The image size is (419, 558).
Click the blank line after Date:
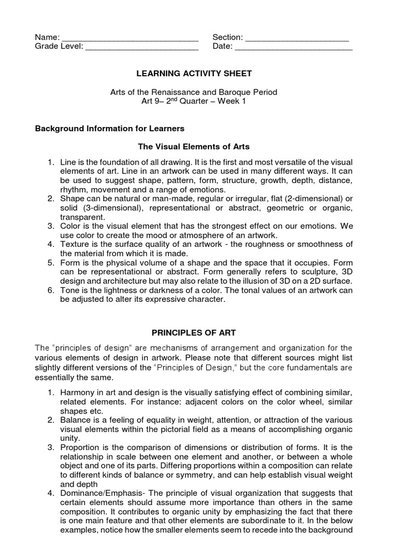(x=294, y=47)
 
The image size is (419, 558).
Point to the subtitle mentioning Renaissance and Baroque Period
(x=194, y=92)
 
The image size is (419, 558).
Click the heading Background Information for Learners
(x=110, y=129)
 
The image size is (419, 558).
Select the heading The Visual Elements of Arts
(x=194, y=147)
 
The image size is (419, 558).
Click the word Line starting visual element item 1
(x=68, y=162)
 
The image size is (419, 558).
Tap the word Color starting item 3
(x=70, y=226)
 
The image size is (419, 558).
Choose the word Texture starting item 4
(x=74, y=244)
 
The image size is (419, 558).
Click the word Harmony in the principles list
(x=77, y=393)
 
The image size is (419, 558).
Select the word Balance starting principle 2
(x=75, y=420)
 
